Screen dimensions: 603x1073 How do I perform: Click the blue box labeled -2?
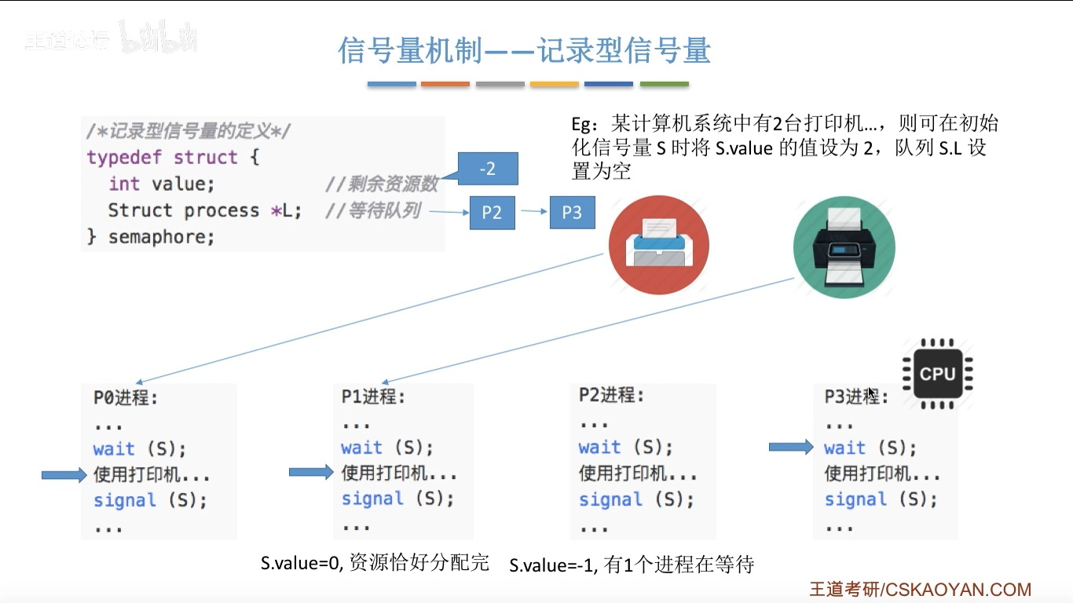coord(487,169)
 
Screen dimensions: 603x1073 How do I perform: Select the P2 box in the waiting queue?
coord(492,213)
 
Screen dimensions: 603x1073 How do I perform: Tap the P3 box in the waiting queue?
coord(572,213)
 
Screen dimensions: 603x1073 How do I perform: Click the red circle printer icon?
coord(658,243)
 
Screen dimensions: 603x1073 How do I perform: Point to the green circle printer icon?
coord(844,247)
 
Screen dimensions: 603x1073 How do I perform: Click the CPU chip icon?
coord(937,374)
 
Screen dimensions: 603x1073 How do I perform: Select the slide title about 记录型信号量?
coord(525,50)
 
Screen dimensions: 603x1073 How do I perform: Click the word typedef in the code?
coord(124,157)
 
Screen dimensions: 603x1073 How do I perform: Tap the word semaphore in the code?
coord(161,236)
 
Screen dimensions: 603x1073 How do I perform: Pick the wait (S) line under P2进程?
coord(625,448)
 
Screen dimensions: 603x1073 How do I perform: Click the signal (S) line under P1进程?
coord(397,499)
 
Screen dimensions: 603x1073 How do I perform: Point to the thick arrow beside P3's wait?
coord(791,447)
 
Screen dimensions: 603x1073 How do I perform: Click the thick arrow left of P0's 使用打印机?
coord(63,474)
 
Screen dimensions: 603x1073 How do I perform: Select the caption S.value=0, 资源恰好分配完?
coord(375,562)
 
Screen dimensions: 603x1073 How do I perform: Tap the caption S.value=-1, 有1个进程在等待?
coord(632,565)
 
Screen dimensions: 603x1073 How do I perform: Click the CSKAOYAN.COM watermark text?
coord(958,590)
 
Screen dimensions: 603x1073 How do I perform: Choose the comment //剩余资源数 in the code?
coord(381,185)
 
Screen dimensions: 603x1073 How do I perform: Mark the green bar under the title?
coord(664,84)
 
